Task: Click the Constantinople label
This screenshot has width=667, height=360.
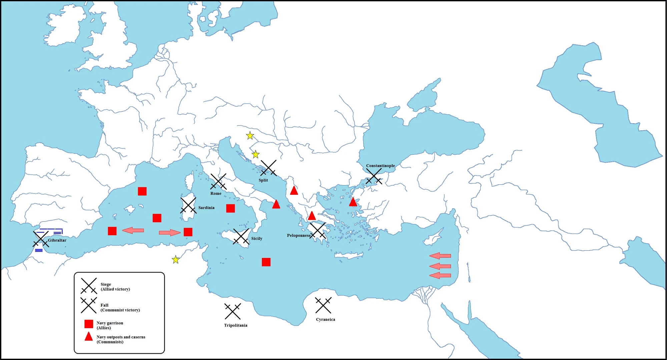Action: [380, 165]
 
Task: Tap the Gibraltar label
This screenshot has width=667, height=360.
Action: [57, 240]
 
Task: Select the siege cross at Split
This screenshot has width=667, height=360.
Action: [268, 168]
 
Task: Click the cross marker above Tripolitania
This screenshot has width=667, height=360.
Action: [232, 311]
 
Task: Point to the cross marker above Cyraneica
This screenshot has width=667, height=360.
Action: [323, 305]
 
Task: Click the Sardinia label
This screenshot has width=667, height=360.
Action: [206, 208]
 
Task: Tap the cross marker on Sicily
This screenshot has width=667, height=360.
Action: [241, 237]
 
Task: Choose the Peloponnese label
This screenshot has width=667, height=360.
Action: [298, 235]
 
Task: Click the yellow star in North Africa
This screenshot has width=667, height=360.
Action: [176, 260]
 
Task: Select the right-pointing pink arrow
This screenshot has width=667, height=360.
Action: [170, 232]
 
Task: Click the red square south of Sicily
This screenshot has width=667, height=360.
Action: [266, 262]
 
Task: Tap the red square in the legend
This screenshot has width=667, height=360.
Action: [89, 324]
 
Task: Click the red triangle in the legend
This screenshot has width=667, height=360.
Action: [89, 337]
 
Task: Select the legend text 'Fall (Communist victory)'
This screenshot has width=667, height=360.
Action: [120, 308]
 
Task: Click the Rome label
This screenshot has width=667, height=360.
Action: [216, 194]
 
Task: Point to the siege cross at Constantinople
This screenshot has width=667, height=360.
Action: [374, 176]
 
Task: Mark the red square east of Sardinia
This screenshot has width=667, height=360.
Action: [230, 208]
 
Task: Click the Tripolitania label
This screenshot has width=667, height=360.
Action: [235, 325]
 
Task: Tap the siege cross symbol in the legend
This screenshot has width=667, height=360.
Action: [89, 286]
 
